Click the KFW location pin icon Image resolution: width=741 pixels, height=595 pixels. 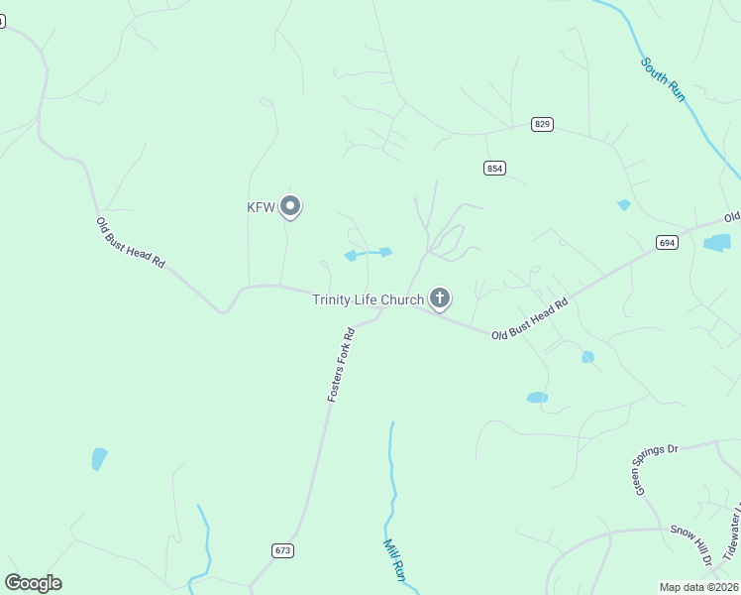click(290, 206)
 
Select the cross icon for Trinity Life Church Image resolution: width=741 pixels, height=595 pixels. click(440, 297)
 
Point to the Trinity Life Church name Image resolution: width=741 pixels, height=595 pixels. click(368, 299)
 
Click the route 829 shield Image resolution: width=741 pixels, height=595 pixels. click(542, 124)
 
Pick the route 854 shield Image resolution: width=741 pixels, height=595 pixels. click(495, 168)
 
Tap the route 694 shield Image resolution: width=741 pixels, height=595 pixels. click(666, 242)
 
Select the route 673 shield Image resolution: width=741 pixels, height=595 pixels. click(282, 549)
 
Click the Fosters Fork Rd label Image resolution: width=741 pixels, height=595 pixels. click(341, 364)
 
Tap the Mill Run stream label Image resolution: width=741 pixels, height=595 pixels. click(395, 559)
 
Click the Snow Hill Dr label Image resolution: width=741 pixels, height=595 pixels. click(692, 546)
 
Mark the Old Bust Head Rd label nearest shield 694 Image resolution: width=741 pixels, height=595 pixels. click(531, 318)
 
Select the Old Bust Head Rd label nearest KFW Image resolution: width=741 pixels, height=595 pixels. click(130, 240)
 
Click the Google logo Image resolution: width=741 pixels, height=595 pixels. click(33, 583)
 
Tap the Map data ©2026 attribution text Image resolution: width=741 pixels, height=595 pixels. click(699, 587)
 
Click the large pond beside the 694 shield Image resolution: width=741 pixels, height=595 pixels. click(717, 242)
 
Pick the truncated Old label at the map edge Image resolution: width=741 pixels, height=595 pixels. click(731, 216)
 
